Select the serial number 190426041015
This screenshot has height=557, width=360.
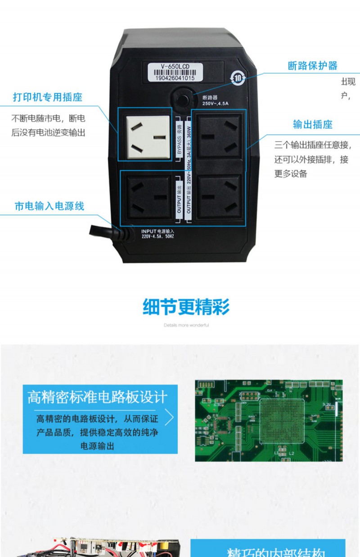tap(175, 77)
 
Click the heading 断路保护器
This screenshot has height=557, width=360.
tap(312, 66)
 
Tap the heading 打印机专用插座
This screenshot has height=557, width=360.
tap(48, 97)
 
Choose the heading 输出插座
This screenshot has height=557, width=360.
tap(312, 125)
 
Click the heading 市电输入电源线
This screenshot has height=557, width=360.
tap(49, 206)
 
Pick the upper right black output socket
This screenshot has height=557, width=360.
tap(219, 135)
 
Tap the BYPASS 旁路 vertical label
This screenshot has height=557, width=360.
tap(179, 136)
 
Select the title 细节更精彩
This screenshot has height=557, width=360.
tap(186, 308)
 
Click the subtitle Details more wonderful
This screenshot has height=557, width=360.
tap(186, 325)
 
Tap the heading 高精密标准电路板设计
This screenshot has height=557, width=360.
tap(97, 397)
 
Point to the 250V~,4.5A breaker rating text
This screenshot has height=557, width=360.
tap(216, 103)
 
